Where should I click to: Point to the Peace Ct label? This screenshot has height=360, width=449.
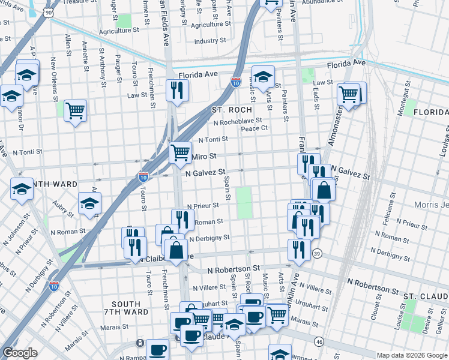tap(254, 128)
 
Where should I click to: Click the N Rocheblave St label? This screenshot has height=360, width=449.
tap(238, 121)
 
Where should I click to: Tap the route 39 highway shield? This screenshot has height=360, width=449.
tap(317, 254)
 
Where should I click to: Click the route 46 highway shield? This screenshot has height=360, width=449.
tap(319, 342)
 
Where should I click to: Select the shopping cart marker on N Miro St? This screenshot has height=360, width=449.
tap(180, 152)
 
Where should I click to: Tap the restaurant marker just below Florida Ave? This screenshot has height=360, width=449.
tap(176, 89)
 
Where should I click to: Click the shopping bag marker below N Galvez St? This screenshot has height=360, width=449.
tap(324, 190)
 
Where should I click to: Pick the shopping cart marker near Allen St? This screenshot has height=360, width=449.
tap(75, 110)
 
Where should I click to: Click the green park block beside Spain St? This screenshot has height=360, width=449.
tap(244, 203)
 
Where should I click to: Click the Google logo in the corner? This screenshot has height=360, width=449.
tap(20, 353)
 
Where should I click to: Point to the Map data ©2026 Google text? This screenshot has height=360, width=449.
tap(411, 355)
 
